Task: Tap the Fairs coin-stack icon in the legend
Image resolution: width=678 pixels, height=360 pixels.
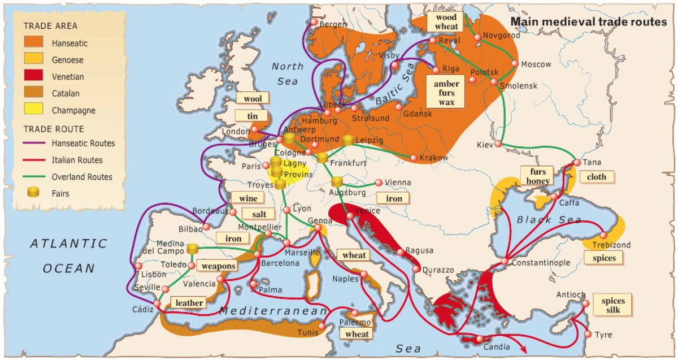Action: pyautogui.click(x=33, y=192)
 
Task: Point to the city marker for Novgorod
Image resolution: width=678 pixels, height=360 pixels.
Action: pyautogui.click(x=477, y=37)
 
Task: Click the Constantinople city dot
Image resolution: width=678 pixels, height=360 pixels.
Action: pyautogui.click(x=505, y=262)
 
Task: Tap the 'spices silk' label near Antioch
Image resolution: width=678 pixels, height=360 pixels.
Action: pyautogui.click(x=613, y=306)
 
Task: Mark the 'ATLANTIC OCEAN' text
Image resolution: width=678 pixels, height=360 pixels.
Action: pyautogui.click(x=68, y=255)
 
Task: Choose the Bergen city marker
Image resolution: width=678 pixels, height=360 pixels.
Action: pyautogui.click(x=314, y=22)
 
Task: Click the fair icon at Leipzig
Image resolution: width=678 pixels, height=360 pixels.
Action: pyautogui.click(x=349, y=140)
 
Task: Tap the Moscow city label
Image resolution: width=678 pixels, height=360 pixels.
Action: pyautogui.click(x=536, y=64)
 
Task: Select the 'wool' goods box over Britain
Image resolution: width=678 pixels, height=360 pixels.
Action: pyautogui.click(x=253, y=98)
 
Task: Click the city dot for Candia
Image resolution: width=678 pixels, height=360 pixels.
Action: pyautogui.click(x=479, y=339)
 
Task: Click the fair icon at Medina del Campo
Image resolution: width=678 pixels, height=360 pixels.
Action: pyautogui.click(x=193, y=249)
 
